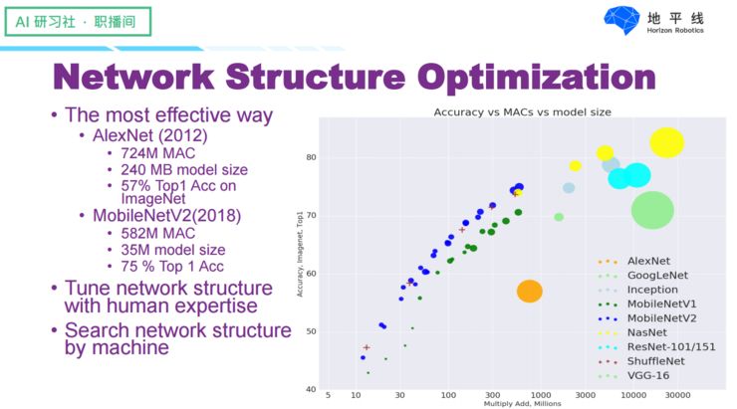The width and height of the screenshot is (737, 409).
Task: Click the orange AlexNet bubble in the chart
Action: coord(529,291)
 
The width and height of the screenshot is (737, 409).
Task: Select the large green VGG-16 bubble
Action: coord(653,210)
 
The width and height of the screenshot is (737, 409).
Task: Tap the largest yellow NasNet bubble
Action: coord(666,143)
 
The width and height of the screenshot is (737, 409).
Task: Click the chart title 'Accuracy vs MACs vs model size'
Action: coord(522,112)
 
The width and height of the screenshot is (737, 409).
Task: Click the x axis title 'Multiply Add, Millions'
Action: coord(522,404)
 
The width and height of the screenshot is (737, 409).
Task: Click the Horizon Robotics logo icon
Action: coord(624,21)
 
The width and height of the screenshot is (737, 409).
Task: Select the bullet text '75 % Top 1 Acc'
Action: coord(170,266)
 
